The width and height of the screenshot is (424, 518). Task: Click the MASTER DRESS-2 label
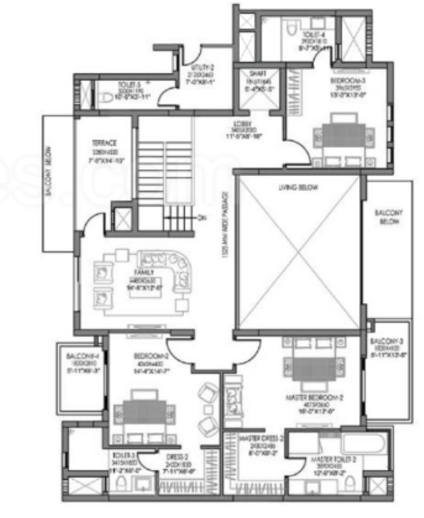261,438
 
